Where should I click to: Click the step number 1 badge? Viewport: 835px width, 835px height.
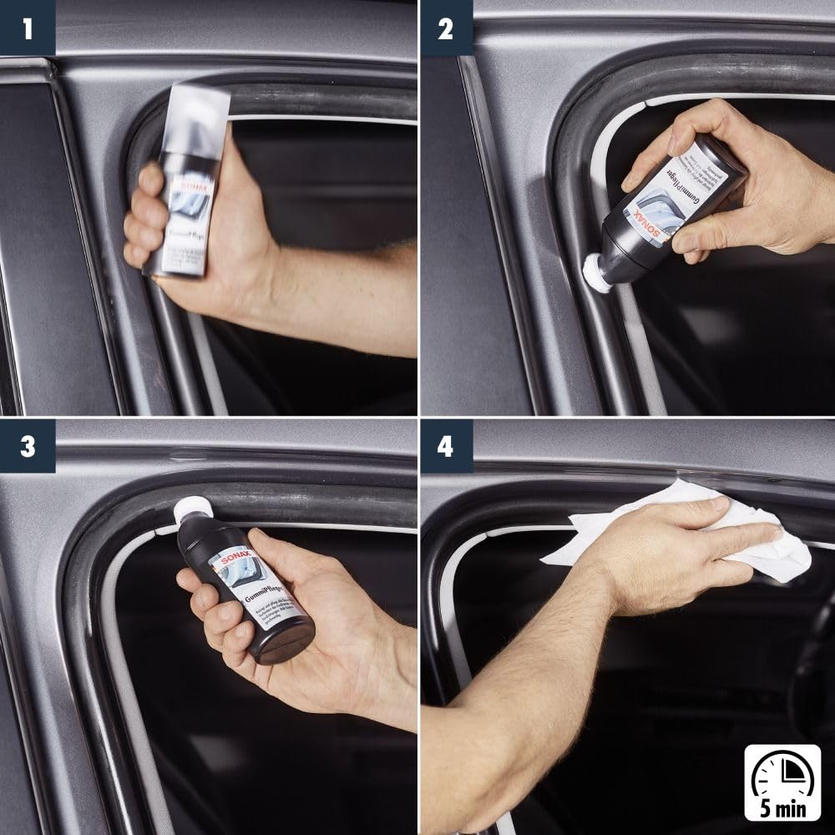point(28,28)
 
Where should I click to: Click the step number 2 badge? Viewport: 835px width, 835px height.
point(446,28)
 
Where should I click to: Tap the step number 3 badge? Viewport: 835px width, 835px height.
point(28,447)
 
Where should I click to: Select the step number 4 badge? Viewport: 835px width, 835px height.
point(446,447)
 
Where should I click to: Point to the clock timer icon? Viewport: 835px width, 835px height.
point(782,774)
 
